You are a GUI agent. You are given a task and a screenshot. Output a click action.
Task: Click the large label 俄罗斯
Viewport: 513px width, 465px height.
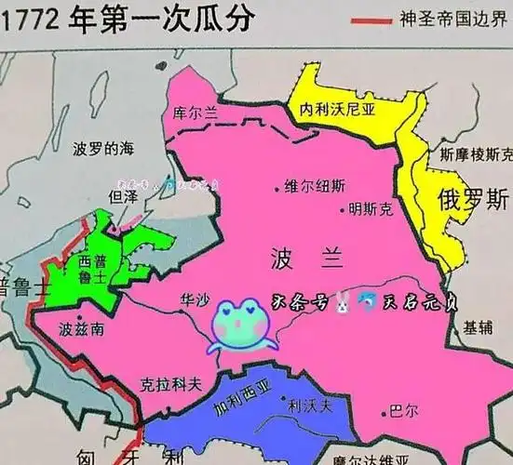tap(474, 199)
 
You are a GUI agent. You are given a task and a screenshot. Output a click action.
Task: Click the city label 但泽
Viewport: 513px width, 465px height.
tap(123, 197)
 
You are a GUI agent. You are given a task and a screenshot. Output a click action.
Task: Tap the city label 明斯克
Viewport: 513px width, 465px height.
tap(370, 209)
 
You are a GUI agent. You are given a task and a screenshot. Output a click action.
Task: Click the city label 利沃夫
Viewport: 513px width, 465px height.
tap(306, 405)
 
